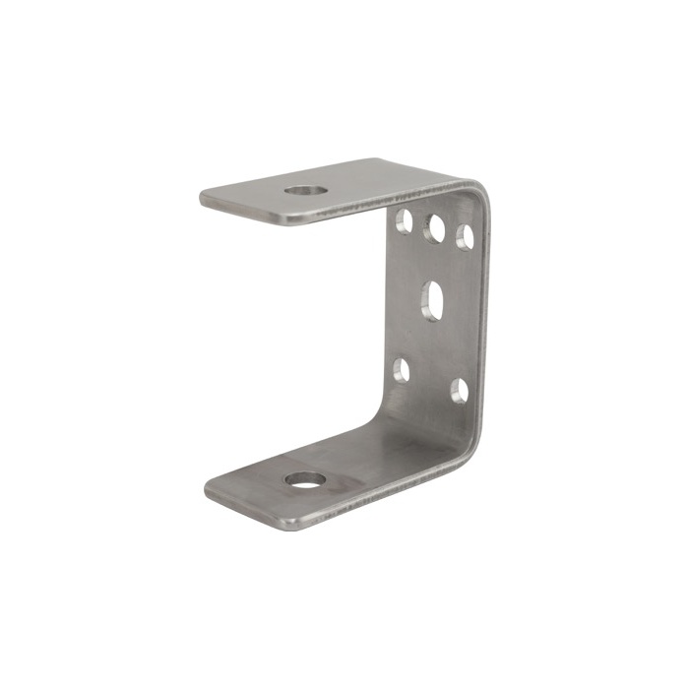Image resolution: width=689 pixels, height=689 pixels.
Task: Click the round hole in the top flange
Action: tap(306, 189)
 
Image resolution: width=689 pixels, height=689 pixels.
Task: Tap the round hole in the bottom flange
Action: tap(305, 480)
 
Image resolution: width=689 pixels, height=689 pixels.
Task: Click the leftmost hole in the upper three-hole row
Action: tap(404, 220)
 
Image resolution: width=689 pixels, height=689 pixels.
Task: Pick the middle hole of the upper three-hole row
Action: tap(434, 228)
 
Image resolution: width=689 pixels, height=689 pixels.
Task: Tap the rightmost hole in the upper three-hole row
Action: tap(465, 236)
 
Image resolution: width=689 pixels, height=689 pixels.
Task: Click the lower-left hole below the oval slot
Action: tap(402, 369)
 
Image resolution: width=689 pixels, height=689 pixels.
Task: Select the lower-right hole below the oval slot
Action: tap(459, 391)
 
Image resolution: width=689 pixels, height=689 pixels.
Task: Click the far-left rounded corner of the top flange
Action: tap(204, 195)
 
